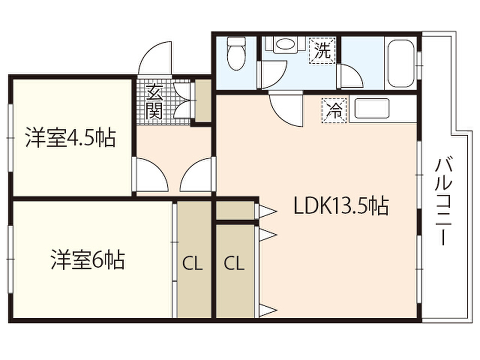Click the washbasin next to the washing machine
(x=283, y=45)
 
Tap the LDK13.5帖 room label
(x=341, y=206)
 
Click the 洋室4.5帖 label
(x=70, y=138)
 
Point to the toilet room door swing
(x=272, y=75)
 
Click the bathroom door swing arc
(x=349, y=77)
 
